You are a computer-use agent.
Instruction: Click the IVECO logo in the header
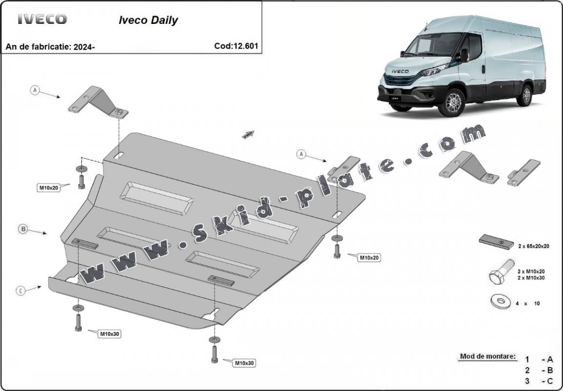click(42, 20)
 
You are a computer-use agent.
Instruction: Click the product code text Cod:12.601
click(236, 46)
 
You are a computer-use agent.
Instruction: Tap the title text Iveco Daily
click(149, 21)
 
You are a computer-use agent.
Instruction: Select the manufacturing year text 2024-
click(84, 47)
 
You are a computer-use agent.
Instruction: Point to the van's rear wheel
click(526, 95)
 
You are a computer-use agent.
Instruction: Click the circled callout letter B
click(22, 228)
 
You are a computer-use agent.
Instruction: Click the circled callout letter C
click(21, 291)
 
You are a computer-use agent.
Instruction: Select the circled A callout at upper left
click(35, 90)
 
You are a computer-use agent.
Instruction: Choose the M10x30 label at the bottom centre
click(244, 363)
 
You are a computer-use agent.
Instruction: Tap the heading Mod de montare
click(488, 356)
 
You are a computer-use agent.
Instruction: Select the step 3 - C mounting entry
click(540, 381)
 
